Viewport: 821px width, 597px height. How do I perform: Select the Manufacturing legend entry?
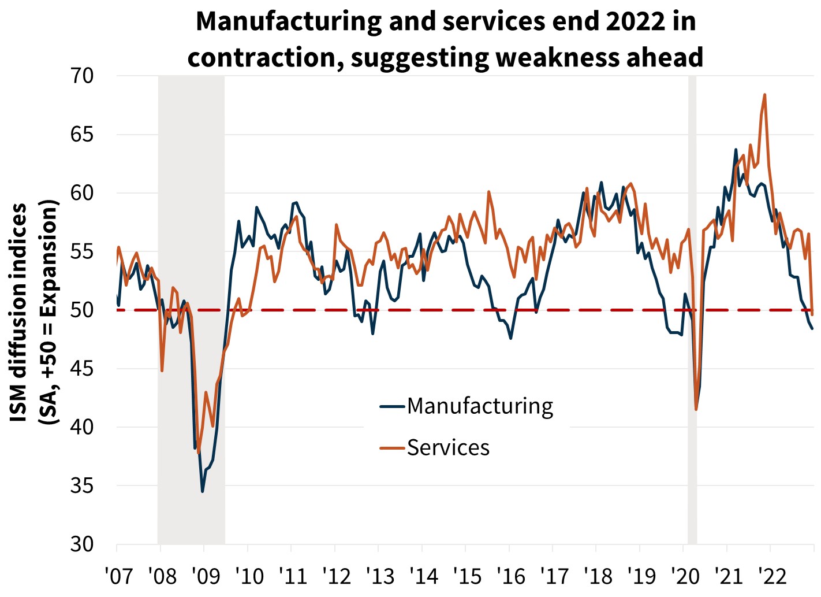click(479, 406)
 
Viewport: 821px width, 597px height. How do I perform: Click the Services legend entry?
click(447, 448)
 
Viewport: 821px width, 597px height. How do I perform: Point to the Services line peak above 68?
click(764, 95)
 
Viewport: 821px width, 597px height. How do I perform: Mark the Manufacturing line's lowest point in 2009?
click(203, 491)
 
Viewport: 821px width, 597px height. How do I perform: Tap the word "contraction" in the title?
click(263, 57)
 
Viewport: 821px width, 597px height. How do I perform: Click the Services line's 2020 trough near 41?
click(696, 409)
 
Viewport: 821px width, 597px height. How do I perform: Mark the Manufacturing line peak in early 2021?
click(736, 150)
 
